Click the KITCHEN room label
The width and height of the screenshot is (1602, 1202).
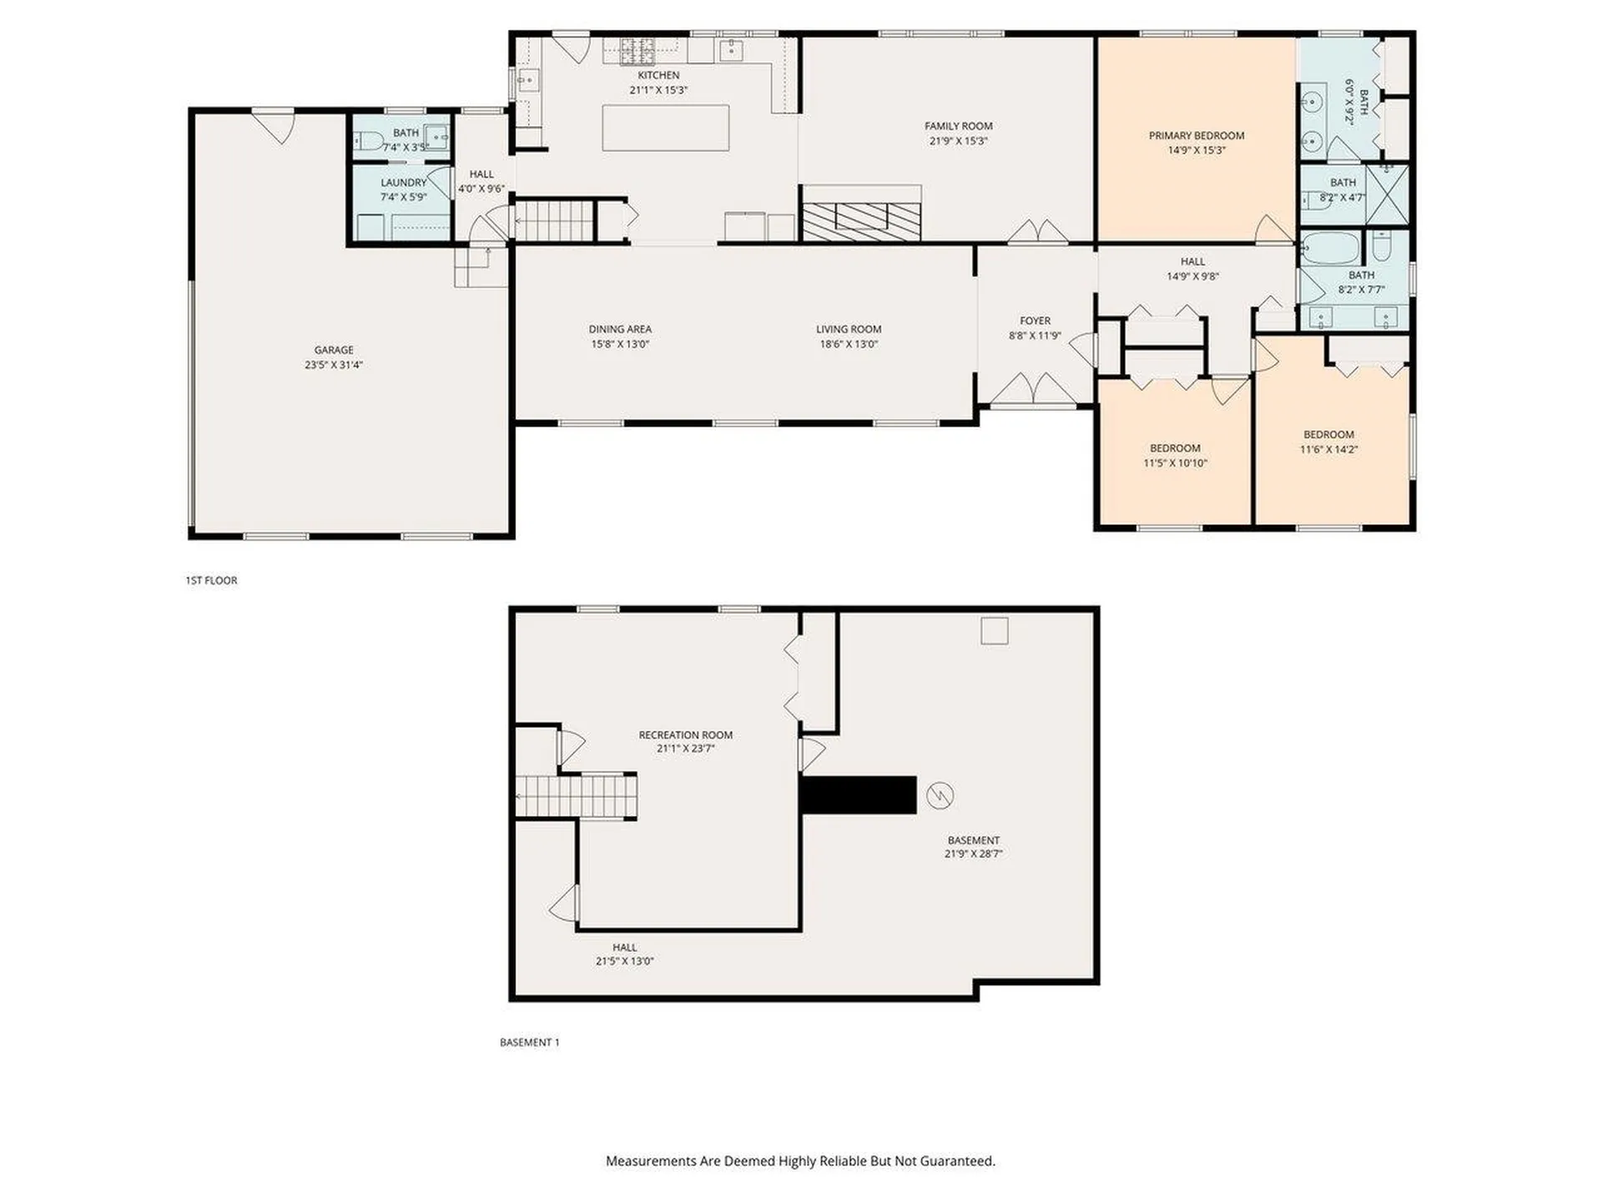pos(658,75)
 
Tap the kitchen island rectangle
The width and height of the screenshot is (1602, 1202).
pos(665,128)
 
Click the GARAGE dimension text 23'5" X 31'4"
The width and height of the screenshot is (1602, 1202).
pos(333,365)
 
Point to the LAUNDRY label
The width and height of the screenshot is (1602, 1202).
pos(403,183)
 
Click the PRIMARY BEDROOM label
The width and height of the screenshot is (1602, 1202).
pos(1196,135)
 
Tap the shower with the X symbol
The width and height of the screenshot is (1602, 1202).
pos(1388,194)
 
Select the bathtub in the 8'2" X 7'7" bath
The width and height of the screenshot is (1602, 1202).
pos(1330,249)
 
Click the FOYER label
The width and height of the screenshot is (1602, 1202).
pos(1035,321)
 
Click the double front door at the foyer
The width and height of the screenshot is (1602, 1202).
pos(1034,390)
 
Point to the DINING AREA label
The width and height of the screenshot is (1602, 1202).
pos(620,329)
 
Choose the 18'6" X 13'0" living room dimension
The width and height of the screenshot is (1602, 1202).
pos(848,344)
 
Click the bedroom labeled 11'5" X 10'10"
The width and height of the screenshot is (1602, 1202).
pos(1175,455)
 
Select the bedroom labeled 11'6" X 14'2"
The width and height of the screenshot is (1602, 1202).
pos(1328,442)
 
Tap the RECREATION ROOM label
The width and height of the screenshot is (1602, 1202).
pos(685,735)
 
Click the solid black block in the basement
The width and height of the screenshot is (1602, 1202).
pos(858,795)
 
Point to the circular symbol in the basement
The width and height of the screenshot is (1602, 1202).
pos(940,795)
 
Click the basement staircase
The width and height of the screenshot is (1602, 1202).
pos(576,796)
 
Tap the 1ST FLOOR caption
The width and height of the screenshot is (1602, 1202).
pos(211,580)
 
